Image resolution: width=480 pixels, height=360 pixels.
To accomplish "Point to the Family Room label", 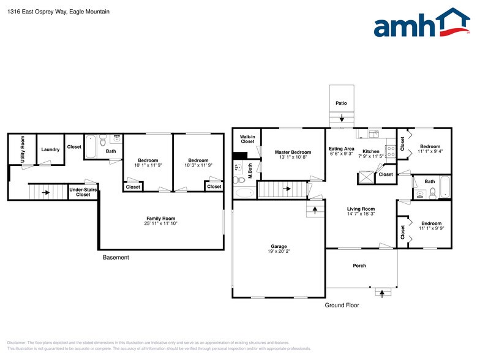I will click(160, 219).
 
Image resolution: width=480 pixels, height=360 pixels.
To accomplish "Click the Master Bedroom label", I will click(293, 152).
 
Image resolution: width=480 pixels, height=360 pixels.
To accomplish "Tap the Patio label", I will click(341, 103).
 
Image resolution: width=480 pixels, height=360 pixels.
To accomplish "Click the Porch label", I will click(359, 266).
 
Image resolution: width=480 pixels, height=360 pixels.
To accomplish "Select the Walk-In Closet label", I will click(247, 140).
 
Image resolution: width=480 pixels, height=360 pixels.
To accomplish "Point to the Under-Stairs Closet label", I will click(83, 192).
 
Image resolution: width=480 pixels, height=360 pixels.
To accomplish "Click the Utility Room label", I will click(23, 148).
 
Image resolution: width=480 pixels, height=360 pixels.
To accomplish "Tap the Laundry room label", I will click(50, 149).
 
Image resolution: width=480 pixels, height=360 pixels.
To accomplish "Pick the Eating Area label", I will click(341, 149).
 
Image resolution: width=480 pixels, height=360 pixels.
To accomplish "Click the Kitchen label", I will click(371, 151).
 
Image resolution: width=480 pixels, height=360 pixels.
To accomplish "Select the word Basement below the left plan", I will click(116, 258).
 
